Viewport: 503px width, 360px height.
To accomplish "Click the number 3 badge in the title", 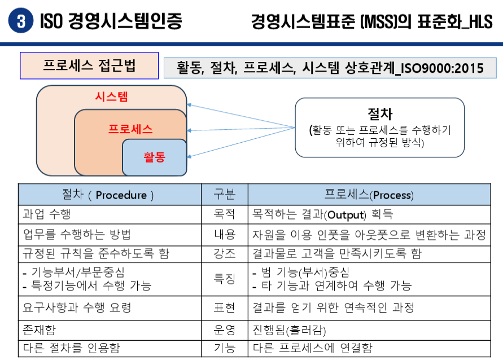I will pos(21,21).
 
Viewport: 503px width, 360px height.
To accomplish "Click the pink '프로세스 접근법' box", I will pos(89,65).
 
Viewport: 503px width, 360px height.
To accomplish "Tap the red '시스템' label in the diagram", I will pos(111,96).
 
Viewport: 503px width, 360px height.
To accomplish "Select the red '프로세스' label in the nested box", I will pos(130,129).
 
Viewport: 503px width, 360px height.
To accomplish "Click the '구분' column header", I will pos(224,195).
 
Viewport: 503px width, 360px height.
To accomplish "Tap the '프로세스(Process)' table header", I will pos(369,195).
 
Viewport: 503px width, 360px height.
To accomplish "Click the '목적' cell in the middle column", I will pos(224,214).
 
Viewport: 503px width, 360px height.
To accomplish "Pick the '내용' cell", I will pos(224,234).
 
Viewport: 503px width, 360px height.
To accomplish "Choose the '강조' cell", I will pos(224,254).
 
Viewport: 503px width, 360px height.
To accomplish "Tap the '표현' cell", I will pos(224,308).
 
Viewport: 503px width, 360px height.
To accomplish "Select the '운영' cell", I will pos(224,329).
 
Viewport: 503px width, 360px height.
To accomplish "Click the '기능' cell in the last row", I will pos(224,348).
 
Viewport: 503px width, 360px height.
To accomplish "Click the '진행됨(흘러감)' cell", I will pos(289,330).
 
